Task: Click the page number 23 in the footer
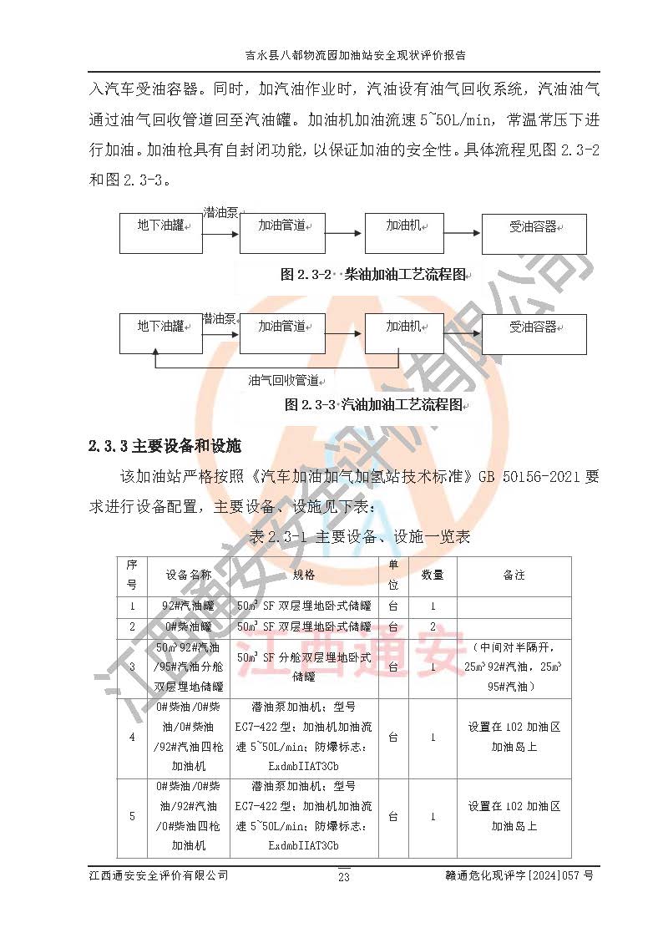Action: [x=343, y=876]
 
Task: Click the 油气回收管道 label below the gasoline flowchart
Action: [x=285, y=380]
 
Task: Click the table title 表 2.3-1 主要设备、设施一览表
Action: [x=359, y=536]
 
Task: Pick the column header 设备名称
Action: [x=188, y=575]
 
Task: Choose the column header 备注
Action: [x=514, y=575]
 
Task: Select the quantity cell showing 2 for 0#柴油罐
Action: [x=432, y=626]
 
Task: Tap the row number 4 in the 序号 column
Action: [x=132, y=738]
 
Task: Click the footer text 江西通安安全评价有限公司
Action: [x=158, y=875]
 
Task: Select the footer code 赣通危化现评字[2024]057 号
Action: [x=519, y=875]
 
